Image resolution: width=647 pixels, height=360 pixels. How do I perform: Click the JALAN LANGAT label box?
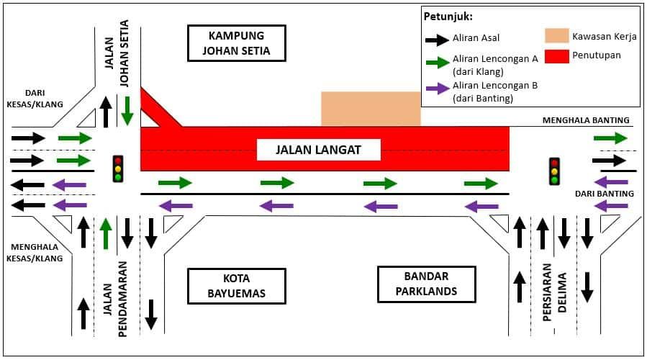coord(318,150)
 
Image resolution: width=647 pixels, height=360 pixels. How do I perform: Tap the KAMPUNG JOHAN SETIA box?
coord(237,43)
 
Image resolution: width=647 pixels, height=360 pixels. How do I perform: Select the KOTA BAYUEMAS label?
coord(237,285)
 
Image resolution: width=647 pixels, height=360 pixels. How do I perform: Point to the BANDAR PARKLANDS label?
coord(426,285)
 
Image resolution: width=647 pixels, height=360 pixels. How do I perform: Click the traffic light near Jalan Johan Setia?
coord(118,168)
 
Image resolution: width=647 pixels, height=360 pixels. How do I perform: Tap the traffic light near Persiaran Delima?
coord(554,171)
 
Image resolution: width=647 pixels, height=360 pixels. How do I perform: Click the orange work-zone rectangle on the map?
coord(371,109)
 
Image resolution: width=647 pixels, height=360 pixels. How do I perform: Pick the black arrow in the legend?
coord(436,37)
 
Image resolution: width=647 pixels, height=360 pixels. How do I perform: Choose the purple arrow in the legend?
coord(436,90)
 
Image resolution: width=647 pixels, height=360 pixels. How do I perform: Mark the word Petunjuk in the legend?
coord(448,17)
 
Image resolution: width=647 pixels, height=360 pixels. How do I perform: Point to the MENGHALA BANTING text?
coord(586,120)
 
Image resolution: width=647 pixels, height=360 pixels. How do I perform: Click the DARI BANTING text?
coord(605,194)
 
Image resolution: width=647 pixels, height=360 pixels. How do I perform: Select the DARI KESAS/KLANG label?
coord(34,99)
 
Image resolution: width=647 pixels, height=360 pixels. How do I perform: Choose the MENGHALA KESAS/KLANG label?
coord(36,252)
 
